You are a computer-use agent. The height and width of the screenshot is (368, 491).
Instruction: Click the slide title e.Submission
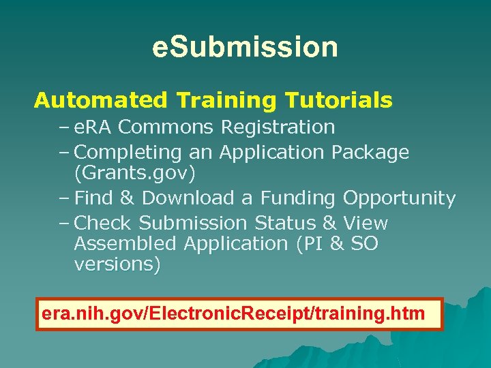click(245, 47)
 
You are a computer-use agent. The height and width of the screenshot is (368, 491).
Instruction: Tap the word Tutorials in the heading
click(339, 101)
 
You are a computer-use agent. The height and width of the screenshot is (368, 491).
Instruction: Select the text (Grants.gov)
click(134, 174)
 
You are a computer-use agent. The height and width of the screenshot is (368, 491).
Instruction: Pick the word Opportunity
click(399, 198)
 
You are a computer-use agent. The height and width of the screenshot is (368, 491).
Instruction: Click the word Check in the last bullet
click(102, 223)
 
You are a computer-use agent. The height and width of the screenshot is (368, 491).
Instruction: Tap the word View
click(366, 223)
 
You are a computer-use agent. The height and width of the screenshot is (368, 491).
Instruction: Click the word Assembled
click(123, 243)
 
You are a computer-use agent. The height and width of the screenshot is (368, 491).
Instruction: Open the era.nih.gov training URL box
click(239, 314)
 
